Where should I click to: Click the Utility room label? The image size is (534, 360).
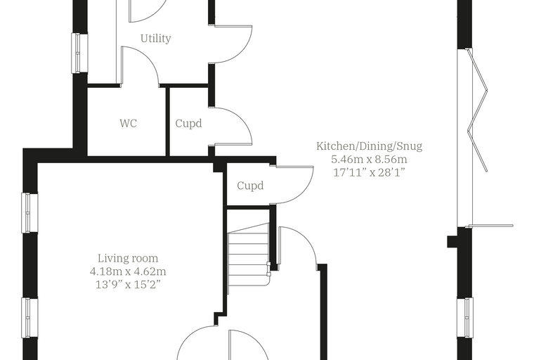tap(156, 38)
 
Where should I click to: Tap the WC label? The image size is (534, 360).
tap(129, 123)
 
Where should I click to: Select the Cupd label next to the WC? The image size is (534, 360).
tap(188, 123)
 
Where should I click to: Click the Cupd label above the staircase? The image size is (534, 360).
tap(250, 186)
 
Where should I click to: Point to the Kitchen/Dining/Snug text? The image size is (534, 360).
tap(369, 146)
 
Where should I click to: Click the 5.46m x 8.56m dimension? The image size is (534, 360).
tap(369, 159)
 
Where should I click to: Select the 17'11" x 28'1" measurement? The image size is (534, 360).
tap(369, 172)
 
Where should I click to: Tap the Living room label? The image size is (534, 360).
tap(128, 259)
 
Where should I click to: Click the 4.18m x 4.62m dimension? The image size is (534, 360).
tap(128, 271)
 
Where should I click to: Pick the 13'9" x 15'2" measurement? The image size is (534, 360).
tap(128, 284)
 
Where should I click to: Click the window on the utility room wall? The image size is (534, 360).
tap(79, 53)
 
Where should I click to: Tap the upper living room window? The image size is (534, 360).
tap(30, 213)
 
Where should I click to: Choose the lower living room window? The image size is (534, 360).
tap(30, 318)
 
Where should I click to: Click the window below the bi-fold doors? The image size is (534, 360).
tap(465, 318)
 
